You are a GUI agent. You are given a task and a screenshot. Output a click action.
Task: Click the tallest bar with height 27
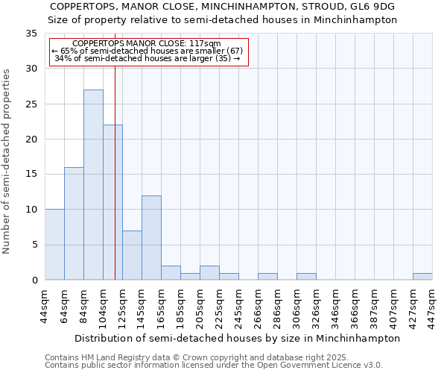[x=93, y=185]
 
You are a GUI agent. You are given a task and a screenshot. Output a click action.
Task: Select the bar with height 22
[x=112, y=202]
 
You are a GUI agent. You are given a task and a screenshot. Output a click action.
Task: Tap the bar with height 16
[x=74, y=224]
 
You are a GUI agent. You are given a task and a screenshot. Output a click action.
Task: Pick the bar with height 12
[x=151, y=238]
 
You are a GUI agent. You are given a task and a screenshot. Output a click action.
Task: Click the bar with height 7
[x=132, y=255]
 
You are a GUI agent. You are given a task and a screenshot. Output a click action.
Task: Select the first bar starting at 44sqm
[x=54, y=245]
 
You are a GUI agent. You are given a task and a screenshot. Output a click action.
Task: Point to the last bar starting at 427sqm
[x=422, y=277]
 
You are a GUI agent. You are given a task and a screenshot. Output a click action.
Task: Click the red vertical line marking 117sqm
[x=115, y=164]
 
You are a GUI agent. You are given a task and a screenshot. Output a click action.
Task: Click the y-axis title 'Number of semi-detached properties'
[x=7, y=160]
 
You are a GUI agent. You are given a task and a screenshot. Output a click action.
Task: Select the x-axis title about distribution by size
[x=238, y=338]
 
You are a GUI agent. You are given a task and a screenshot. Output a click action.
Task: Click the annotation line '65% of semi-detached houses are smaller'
[x=148, y=51]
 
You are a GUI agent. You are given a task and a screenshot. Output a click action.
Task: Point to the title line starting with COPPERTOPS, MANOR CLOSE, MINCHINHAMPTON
[x=223, y=7]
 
